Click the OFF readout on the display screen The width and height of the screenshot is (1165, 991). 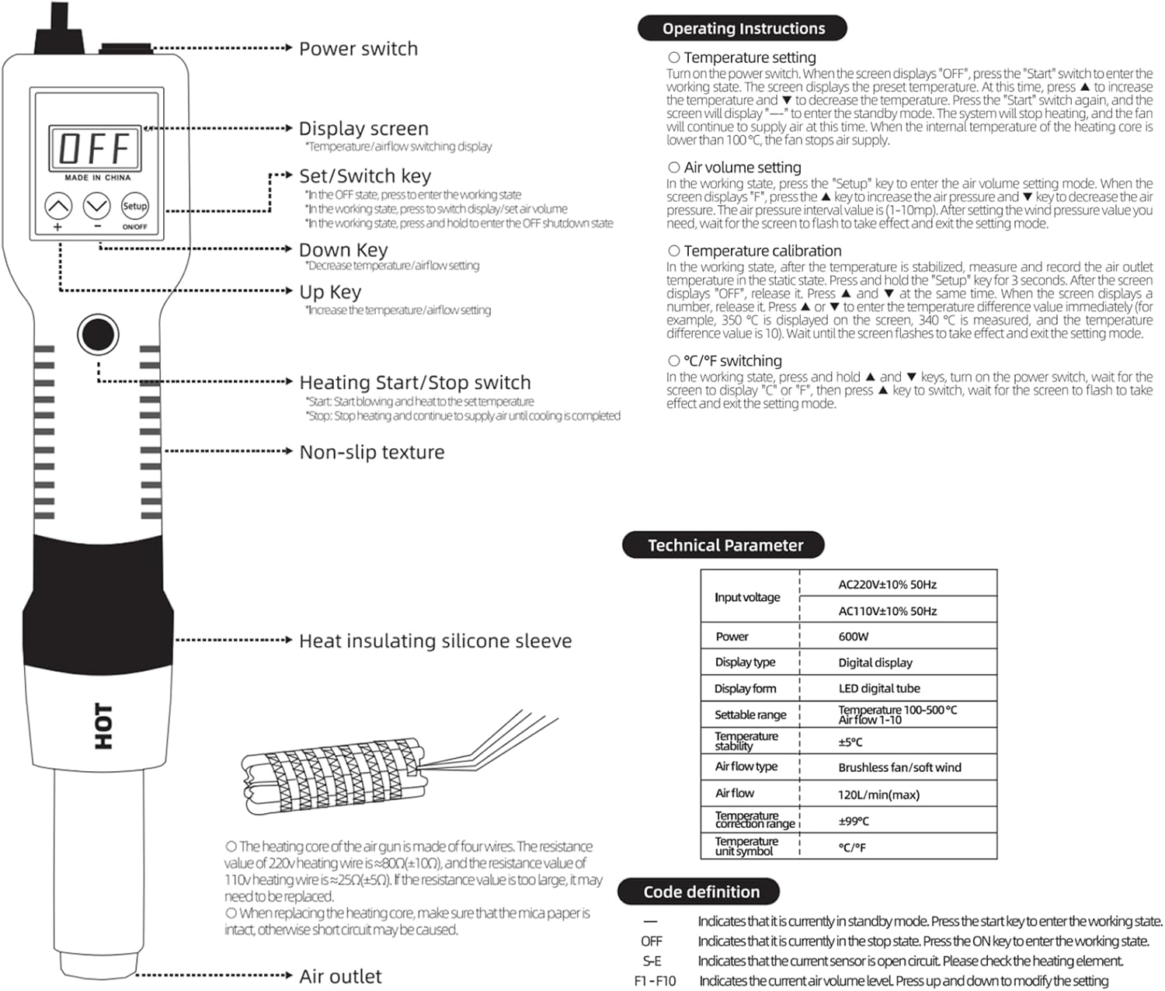[x=96, y=148]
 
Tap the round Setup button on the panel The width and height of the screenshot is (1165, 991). [x=134, y=206]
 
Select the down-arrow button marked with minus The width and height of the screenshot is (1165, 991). [x=97, y=207]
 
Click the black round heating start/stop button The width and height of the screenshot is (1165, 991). [x=98, y=334]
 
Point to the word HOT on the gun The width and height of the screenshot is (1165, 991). [x=103, y=726]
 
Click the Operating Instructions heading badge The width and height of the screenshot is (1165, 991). [x=742, y=29]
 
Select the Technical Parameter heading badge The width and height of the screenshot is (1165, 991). [x=724, y=545]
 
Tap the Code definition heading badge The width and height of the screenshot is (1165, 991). [x=700, y=892]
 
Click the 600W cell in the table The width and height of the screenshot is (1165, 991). [x=854, y=637]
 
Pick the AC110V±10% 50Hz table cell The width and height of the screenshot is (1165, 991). [x=887, y=611]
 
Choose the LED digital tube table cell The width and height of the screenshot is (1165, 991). [x=878, y=689]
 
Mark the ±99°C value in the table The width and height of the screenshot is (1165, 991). [x=854, y=821]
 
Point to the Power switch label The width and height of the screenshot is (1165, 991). [x=358, y=49]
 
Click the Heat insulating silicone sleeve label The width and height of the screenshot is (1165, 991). [x=435, y=641]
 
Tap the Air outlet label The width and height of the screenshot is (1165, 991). [x=340, y=976]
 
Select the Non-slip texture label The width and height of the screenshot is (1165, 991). [x=371, y=452]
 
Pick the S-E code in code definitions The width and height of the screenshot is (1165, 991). [x=652, y=961]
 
